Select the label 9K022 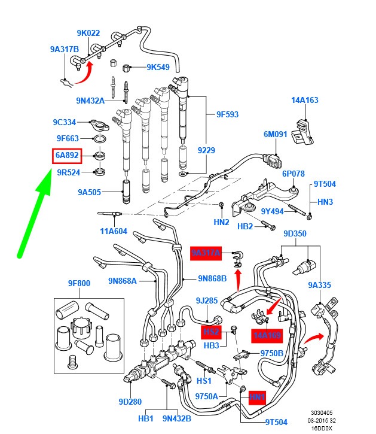(88, 34)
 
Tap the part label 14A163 (304, 100)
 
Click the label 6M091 (276, 135)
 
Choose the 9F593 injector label (227, 114)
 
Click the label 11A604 (113, 231)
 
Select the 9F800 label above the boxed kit (78, 284)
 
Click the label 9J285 (206, 301)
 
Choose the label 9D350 (295, 233)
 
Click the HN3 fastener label (325, 202)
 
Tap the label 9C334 (64, 123)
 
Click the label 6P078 (294, 174)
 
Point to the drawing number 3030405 (322, 412)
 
